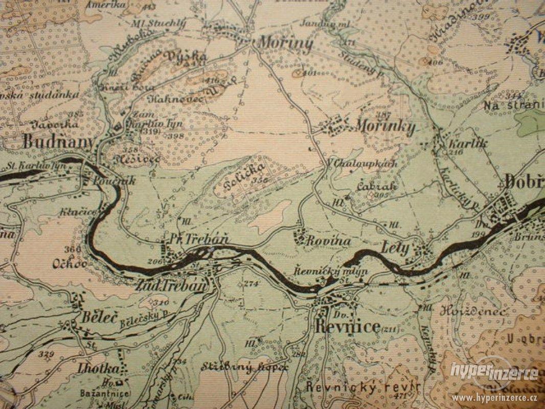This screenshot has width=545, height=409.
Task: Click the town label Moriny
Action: tap(285, 43)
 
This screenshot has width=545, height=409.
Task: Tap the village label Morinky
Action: tap(384, 127)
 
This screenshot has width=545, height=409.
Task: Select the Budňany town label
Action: tap(58, 142)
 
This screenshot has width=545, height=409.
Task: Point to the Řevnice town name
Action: tap(348, 327)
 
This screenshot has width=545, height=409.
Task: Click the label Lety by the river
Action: tap(395, 248)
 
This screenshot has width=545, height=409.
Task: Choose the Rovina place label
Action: tap(328, 241)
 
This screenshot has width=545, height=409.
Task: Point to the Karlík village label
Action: tap(460, 144)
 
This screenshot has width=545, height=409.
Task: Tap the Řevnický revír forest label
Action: tap(364, 387)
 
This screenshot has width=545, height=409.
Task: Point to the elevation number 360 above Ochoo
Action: tap(73, 249)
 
